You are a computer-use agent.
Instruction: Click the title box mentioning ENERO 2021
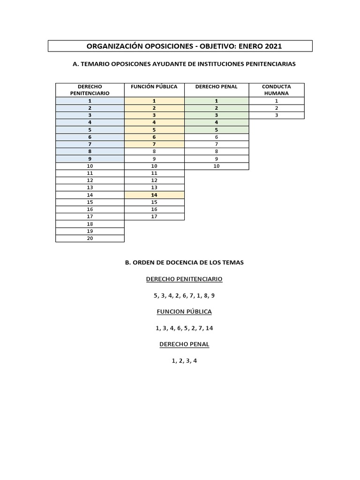point(180,46)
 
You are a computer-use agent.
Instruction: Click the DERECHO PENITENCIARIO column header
point(90,90)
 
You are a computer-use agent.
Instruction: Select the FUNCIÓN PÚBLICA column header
point(154,87)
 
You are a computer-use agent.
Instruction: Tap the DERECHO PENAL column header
point(216,87)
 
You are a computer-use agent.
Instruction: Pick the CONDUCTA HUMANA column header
point(277,90)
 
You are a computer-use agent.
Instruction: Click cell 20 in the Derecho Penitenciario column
point(90,238)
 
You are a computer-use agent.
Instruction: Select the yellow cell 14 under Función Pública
point(154,195)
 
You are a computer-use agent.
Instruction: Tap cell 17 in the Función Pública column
point(154,216)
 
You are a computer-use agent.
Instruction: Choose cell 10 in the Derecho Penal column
point(217,166)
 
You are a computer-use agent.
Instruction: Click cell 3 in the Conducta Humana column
point(277,115)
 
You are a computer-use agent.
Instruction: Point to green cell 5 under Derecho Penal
point(217,130)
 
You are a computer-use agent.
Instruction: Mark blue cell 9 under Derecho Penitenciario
point(90,158)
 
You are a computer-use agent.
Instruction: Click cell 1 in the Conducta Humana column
point(277,101)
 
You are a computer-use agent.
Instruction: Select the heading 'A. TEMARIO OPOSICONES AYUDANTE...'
point(184,64)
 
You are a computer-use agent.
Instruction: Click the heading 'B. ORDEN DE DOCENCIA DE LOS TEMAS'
point(184,262)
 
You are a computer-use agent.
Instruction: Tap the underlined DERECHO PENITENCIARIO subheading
point(184,279)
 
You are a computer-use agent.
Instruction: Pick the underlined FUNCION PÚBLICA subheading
point(184,312)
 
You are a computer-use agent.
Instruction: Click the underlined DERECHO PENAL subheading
point(184,345)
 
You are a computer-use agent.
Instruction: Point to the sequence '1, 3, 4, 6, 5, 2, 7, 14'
point(184,328)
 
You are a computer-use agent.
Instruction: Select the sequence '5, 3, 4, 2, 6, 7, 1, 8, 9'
point(184,296)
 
